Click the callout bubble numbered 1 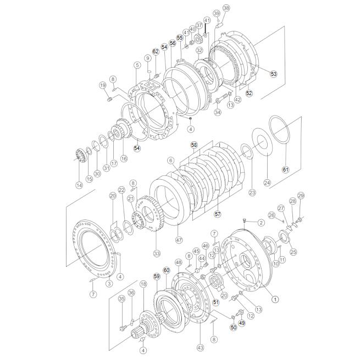click(275, 299)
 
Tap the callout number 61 click(285, 169)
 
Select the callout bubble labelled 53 click(274, 74)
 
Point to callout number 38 click(226, 8)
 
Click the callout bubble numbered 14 click(79, 185)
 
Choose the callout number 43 click(200, 348)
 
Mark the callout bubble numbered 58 click(194, 145)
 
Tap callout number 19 click(103, 85)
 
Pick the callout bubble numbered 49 click(242, 323)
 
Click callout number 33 click(157, 253)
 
